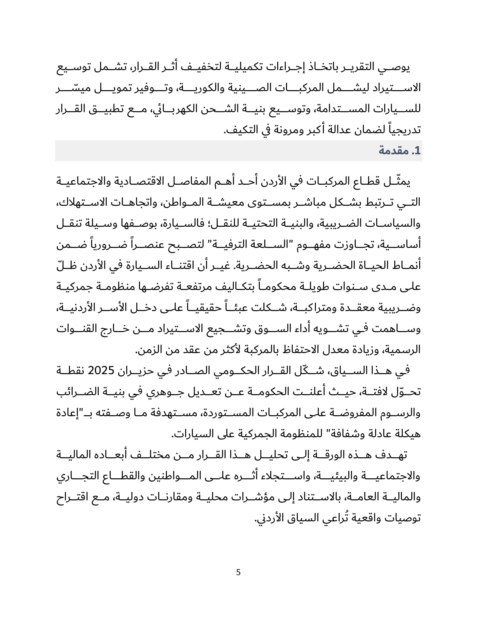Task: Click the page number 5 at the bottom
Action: (238, 572)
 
